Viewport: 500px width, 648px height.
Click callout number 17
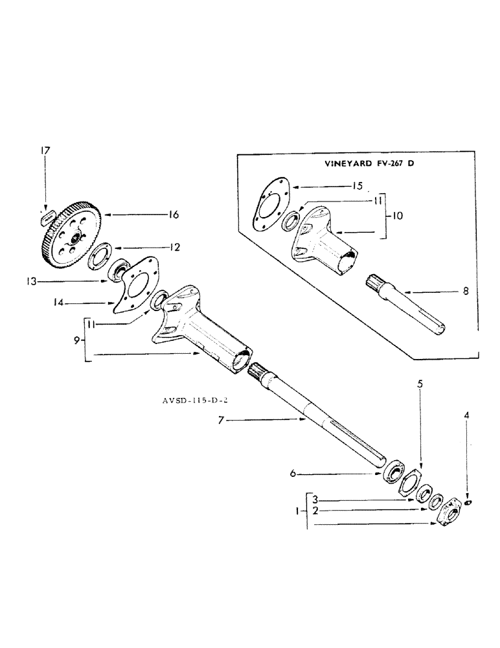click(x=45, y=151)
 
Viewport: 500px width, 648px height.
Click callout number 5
click(x=420, y=384)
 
